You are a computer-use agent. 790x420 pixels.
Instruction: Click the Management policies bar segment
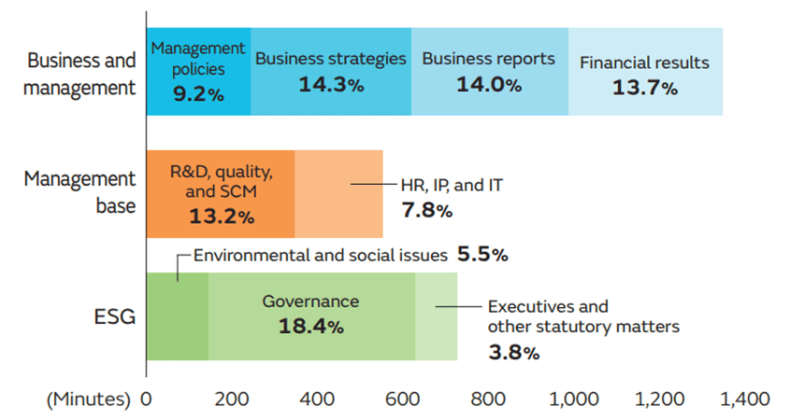[x=198, y=72]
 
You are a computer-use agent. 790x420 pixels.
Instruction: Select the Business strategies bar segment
[x=331, y=72]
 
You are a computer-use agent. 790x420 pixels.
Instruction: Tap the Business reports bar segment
[x=489, y=72]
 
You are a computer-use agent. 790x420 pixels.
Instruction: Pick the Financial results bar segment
[x=645, y=72]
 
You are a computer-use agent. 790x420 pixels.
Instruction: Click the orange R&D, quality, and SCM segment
[x=221, y=194]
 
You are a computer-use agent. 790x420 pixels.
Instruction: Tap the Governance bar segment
[x=311, y=315]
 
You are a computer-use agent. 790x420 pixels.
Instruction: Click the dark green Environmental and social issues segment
[x=178, y=315]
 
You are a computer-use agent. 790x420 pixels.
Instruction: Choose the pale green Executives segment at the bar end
[x=436, y=315]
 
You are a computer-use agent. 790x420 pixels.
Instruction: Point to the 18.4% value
[x=311, y=327]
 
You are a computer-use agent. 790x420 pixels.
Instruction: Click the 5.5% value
[x=482, y=254]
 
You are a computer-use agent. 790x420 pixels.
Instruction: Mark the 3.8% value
[x=513, y=353]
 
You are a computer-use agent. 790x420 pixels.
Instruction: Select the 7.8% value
[x=426, y=211]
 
